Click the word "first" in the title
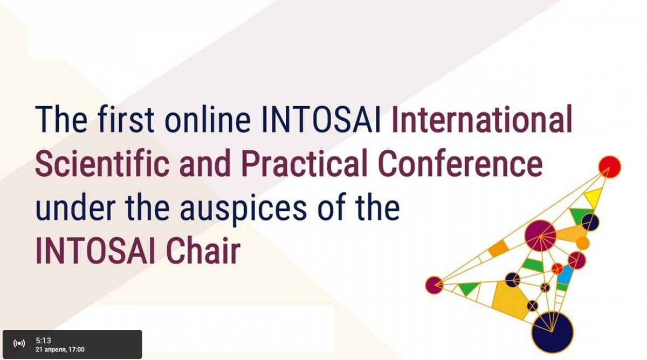tap(126, 119)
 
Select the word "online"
tap(208, 119)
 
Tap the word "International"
tap(482, 119)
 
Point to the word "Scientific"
tap(102, 163)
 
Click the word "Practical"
tap(304, 163)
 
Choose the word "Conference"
tap(460, 163)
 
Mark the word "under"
tap(75, 207)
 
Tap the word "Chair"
tap(203, 250)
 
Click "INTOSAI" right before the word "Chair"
tap(95, 250)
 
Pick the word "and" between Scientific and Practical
tap(205, 163)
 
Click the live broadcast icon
tap(19, 343)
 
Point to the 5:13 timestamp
tap(43, 341)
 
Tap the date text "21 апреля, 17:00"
tap(60, 350)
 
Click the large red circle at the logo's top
tap(609, 167)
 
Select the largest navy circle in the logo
tap(552, 333)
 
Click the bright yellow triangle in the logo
tap(593, 198)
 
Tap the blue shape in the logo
tap(565, 275)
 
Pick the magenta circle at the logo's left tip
tap(434, 285)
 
